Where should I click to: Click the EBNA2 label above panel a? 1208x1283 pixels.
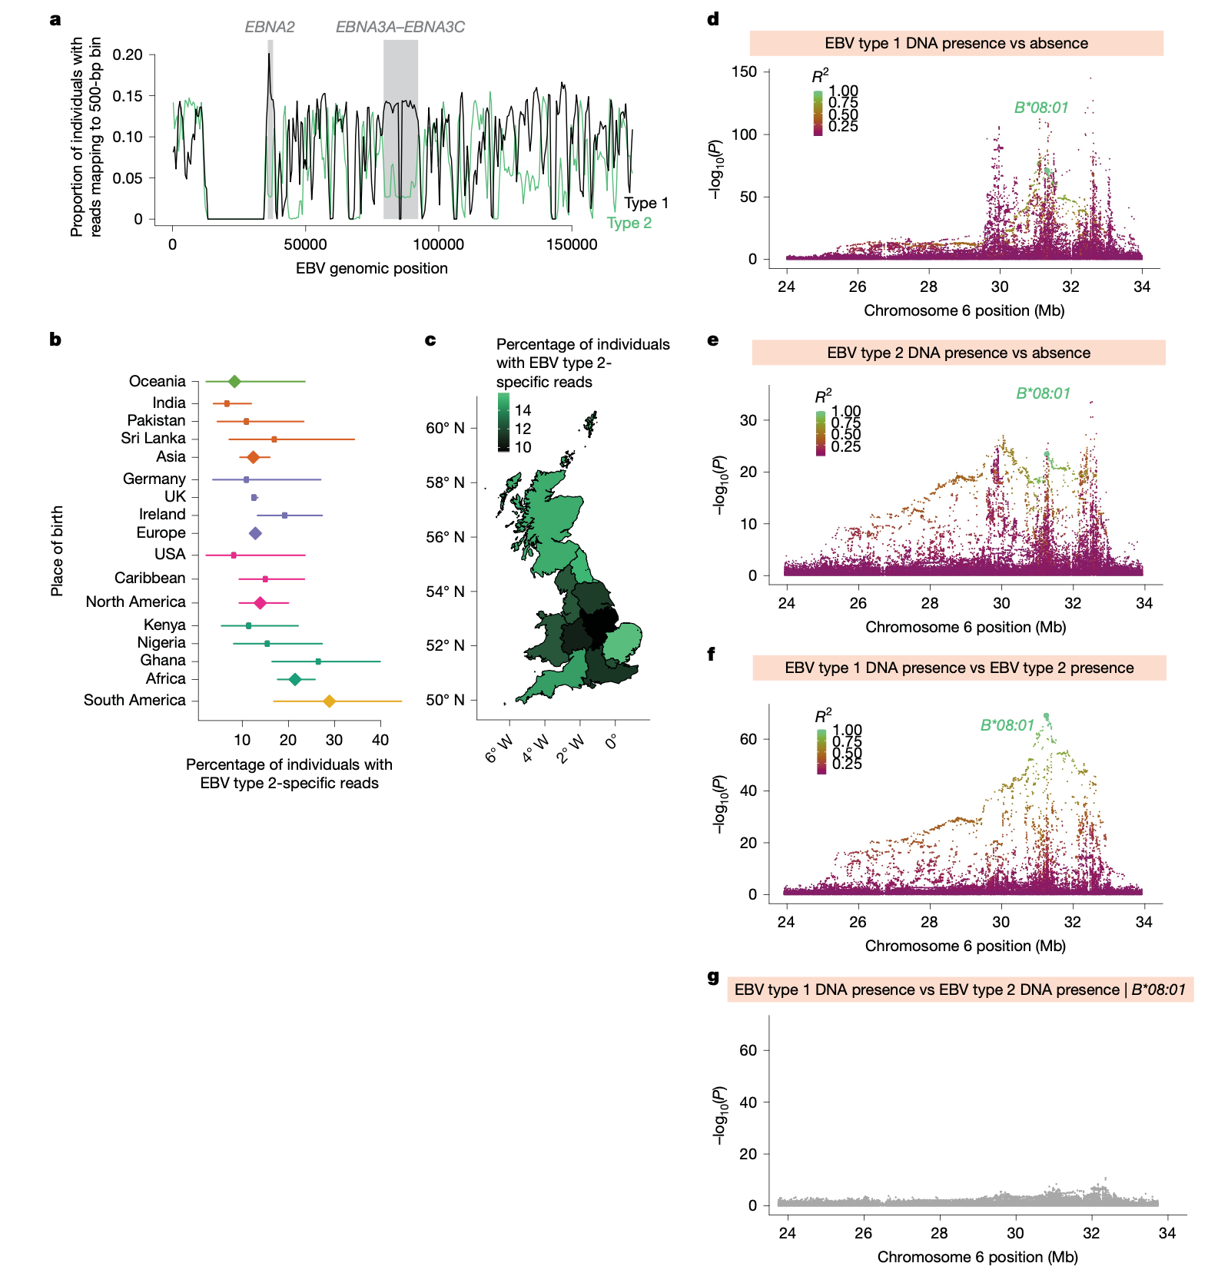(x=270, y=27)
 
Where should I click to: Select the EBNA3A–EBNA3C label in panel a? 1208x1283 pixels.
(x=400, y=27)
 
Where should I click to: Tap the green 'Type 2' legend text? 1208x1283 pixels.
(x=629, y=223)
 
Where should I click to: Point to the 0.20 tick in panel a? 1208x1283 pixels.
(x=128, y=55)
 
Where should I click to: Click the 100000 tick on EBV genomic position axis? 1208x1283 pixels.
(x=438, y=244)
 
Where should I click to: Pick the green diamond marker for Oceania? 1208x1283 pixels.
(x=234, y=381)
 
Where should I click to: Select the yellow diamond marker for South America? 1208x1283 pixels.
(x=329, y=701)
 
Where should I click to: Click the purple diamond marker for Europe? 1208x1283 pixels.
(x=255, y=533)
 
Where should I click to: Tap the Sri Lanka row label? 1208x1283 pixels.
(x=153, y=438)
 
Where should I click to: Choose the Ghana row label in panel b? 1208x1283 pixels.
(x=163, y=660)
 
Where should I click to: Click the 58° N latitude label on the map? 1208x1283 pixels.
(x=445, y=482)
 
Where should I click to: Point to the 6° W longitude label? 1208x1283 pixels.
(x=499, y=748)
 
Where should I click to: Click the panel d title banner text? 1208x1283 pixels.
(x=956, y=43)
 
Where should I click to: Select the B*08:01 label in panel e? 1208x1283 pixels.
(x=1043, y=393)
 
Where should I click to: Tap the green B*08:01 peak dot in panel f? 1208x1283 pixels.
(x=1046, y=716)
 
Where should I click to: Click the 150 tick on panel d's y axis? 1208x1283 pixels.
(x=744, y=71)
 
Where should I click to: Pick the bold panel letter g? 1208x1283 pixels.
(x=713, y=976)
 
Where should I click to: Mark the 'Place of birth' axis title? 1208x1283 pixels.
(x=57, y=551)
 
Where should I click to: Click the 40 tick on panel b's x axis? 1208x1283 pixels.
(x=380, y=740)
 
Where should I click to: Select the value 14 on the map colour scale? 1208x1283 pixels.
(x=523, y=409)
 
